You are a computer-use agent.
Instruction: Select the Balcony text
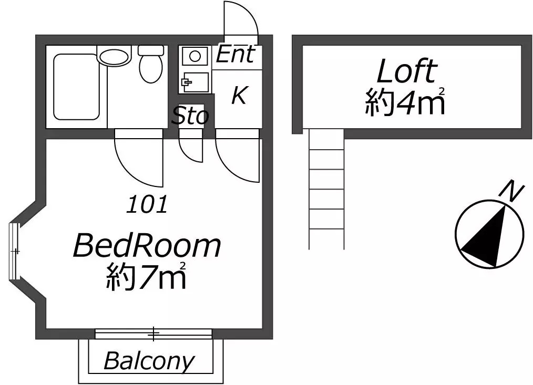(149, 361)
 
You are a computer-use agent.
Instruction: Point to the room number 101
(147, 204)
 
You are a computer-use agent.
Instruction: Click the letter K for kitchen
(239, 95)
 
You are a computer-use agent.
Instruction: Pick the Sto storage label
(190, 116)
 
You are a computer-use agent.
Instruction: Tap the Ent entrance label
(235, 54)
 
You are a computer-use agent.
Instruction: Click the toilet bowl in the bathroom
(151, 65)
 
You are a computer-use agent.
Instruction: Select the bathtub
(77, 87)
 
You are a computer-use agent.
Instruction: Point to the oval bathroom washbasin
(114, 56)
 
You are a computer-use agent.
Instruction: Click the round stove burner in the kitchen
(195, 56)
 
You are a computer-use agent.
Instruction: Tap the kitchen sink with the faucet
(195, 82)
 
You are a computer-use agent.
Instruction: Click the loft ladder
(326, 189)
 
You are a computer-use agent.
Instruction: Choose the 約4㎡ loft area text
(405, 101)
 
